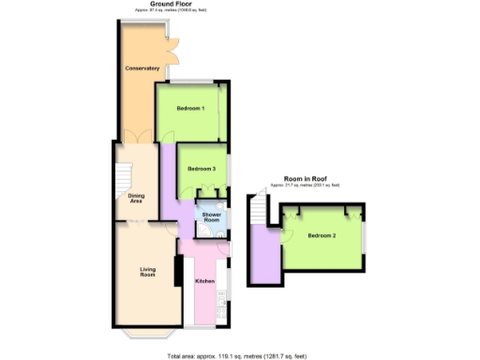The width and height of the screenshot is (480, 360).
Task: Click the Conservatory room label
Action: tap(142, 69)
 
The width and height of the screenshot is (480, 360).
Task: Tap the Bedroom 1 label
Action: tap(190, 109)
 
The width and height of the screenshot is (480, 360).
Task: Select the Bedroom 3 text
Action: tap(202, 169)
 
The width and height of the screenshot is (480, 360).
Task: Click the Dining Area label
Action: tap(136, 198)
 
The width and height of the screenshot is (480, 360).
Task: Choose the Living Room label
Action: tap(147, 273)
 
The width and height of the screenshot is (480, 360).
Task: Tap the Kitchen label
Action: tap(205, 281)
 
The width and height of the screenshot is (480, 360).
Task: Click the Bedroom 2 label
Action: tap(321, 234)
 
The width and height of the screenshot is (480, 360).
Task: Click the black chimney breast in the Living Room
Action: tap(176, 252)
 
